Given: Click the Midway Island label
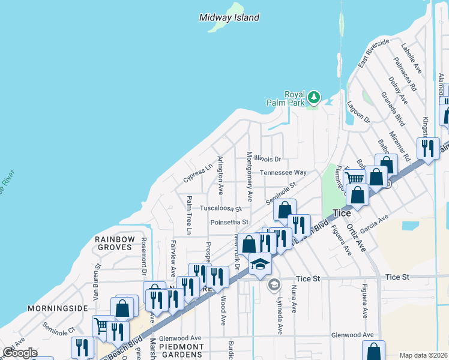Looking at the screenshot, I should pos(229,17).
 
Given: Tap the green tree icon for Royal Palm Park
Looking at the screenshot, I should pos(313,97).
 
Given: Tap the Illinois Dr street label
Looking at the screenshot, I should pos(267,159).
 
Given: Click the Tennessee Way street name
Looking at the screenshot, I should pos(283,173).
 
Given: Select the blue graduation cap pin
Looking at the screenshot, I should pos(260,264).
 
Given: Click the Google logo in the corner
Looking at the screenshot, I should pos(19,353).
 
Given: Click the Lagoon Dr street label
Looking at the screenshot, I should pos(358,113).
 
